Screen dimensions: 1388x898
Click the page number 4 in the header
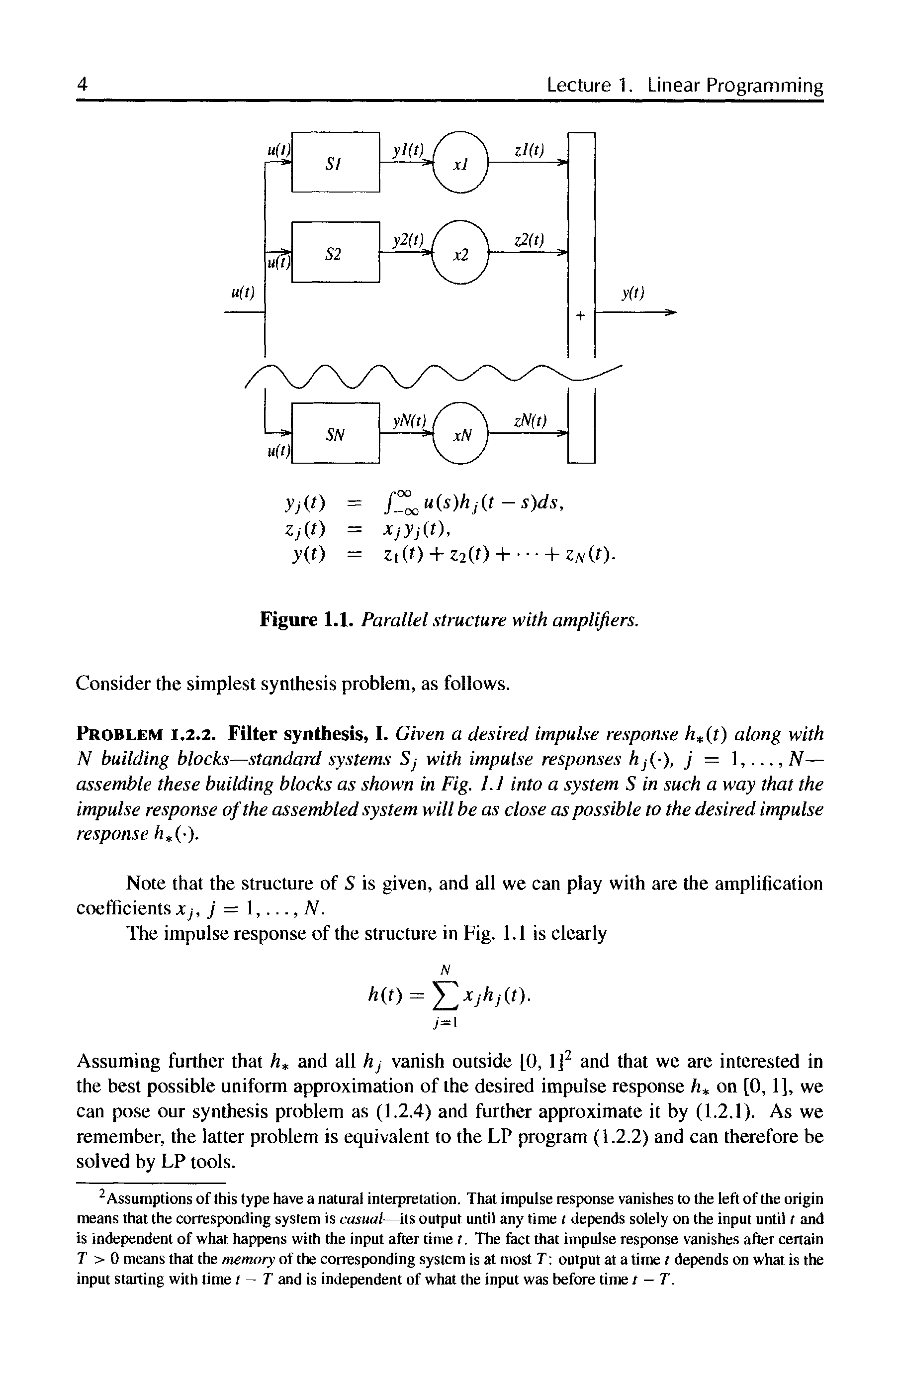coord(82,85)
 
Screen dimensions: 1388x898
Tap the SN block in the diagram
coord(335,434)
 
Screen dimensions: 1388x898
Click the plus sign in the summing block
coord(580,315)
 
